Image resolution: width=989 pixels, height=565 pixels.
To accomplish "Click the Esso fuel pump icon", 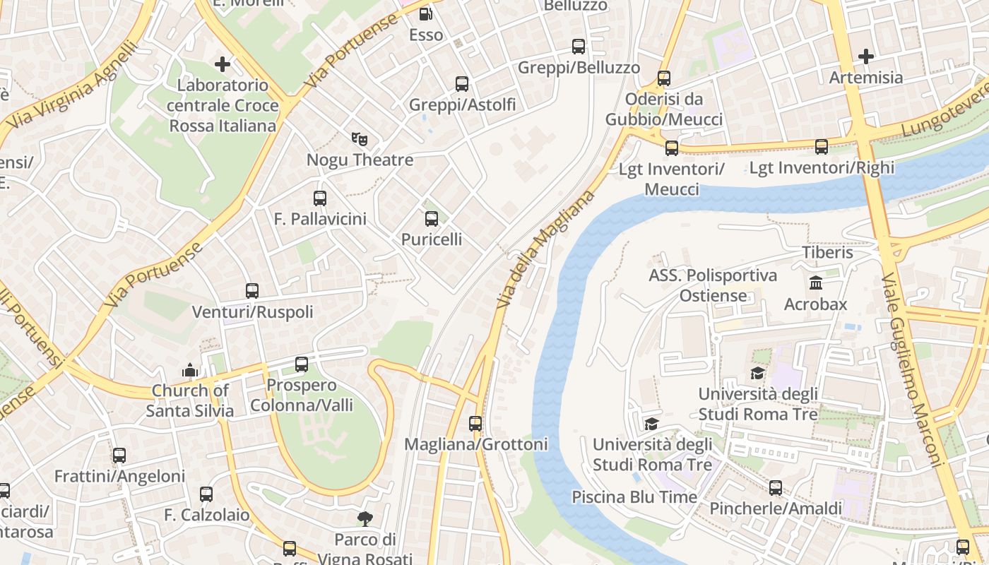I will coord(425,13).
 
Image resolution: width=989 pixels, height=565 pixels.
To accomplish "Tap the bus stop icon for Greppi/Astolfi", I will coord(462,84).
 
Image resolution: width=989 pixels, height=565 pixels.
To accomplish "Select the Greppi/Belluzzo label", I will coord(579,68).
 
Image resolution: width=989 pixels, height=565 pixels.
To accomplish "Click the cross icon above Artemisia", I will coord(866,56).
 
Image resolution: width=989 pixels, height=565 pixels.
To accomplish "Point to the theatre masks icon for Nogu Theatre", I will coord(360,139).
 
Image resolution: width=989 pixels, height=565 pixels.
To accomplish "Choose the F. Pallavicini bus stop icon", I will coord(320,198).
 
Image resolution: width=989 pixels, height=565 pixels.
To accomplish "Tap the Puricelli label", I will coord(432,239).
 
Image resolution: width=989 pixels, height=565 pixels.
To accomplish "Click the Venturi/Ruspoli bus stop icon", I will coord(252,291).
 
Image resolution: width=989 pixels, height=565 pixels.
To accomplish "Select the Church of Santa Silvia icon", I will coord(189,370).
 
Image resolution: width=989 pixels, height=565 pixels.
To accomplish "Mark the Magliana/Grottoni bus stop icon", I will coord(475,424).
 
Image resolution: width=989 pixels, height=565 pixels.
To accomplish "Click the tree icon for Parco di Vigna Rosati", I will coord(365,519).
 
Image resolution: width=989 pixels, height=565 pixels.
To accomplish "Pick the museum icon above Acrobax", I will coord(816,283).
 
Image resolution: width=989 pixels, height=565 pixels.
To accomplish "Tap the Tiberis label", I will coord(827,252).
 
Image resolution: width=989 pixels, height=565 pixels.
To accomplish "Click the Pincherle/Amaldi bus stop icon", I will coord(776,488).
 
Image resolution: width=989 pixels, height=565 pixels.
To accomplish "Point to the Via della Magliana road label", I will coord(546,249).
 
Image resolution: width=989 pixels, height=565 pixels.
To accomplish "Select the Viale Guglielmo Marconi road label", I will coord(912,371).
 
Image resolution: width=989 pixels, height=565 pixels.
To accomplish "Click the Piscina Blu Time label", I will coord(634,496).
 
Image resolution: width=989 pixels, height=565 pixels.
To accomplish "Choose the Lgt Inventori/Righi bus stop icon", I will coord(822,147).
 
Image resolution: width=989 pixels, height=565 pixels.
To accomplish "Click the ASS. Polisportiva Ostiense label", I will coord(713,285).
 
